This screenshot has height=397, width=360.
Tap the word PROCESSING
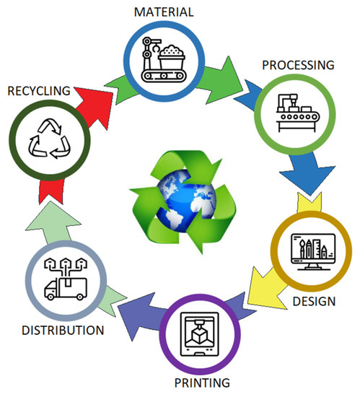coord(297,65)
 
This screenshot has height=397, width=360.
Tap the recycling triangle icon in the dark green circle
coord(45,139)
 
